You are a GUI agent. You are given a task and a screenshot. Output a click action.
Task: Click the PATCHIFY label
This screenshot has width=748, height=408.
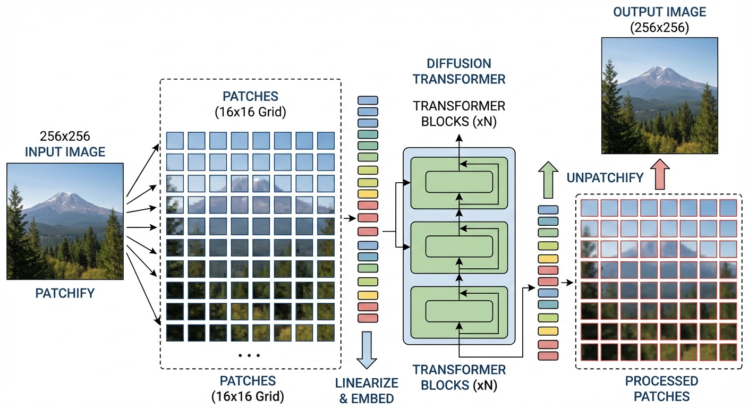(65, 293)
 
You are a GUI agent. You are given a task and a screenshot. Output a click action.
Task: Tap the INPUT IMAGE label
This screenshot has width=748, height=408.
(65, 152)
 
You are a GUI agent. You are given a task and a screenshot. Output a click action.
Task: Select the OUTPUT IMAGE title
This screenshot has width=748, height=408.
(659, 12)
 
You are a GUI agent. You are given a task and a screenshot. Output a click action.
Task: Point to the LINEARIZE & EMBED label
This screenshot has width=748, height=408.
(367, 390)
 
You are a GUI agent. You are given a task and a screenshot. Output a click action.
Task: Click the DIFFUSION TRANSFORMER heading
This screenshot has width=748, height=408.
(458, 71)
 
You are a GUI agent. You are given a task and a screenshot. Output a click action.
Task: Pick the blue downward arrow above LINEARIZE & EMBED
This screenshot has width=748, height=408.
(367, 350)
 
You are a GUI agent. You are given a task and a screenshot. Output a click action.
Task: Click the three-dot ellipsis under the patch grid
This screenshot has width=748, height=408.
(249, 354)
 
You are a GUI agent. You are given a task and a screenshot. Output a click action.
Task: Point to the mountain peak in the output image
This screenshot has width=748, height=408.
(659, 70)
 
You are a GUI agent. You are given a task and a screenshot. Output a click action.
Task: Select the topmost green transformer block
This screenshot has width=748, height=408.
(460, 183)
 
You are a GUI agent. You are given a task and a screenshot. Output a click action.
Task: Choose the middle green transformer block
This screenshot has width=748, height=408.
(460, 246)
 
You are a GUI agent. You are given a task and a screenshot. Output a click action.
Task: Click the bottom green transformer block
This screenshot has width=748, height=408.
(460, 311)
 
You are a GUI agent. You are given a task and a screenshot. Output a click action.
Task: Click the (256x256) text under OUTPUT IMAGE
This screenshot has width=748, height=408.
(659, 27)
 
